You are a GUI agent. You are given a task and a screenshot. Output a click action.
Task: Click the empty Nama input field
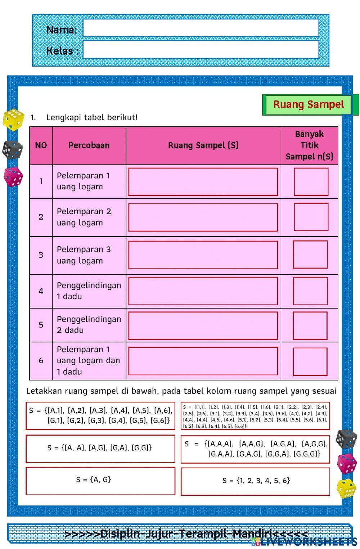[201, 28]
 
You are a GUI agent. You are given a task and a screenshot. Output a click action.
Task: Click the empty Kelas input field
[201, 50]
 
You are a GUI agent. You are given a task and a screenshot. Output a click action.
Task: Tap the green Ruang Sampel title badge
[309, 105]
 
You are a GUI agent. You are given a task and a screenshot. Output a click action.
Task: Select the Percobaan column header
[89, 145]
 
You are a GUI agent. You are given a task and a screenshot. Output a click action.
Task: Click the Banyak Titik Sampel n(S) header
[309, 145]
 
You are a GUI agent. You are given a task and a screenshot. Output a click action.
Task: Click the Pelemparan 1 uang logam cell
[89, 181]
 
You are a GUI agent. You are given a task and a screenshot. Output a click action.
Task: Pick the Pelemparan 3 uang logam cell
[89, 255]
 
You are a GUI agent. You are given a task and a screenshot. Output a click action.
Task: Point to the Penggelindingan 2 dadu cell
[89, 325]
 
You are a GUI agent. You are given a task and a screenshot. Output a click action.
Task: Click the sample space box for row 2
[203, 217]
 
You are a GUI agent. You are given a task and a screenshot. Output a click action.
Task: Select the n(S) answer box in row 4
[310, 291]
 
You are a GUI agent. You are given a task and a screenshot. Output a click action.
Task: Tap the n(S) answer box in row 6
[310, 361]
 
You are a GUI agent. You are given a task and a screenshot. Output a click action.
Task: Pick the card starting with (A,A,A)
[255, 449]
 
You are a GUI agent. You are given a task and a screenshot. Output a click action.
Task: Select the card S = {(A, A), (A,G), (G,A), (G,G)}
[100, 449]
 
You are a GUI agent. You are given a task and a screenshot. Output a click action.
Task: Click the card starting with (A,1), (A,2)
[100, 416]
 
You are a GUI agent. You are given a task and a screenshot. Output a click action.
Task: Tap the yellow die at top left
[13, 120]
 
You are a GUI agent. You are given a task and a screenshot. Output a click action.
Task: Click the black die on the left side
[13, 149]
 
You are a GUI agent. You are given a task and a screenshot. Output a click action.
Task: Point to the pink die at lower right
[346, 463]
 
